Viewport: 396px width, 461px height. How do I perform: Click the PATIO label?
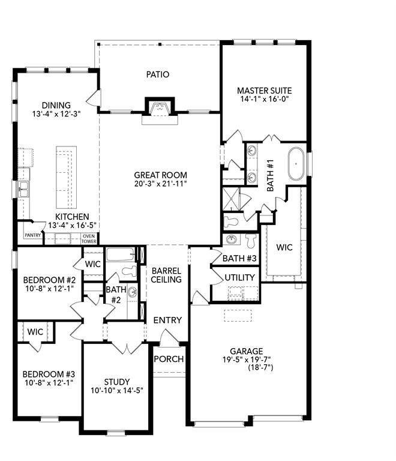pyautogui.click(x=158, y=74)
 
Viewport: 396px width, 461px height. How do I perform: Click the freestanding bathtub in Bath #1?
pyautogui.click(x=296, y=164)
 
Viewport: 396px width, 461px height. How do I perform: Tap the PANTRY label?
pyautogui.click(x=33, y=235)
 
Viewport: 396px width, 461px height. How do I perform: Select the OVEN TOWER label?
pyautogui.click(x=89, y=239)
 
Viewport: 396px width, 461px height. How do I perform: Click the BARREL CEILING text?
pyautogui.click(x=167, y=275)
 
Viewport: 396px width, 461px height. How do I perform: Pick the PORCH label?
pyautogui.click(x=169, y=359)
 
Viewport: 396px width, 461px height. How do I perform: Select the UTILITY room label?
pyautogui.click(x=240, y=277)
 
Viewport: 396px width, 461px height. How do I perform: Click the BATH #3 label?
pyautogui.click(x=239, y=259)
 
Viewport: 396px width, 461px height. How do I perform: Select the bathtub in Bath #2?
pyautogui.click(x=122, y=255)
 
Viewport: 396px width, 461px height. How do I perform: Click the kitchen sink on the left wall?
pyautogui.click(x=23, y=191)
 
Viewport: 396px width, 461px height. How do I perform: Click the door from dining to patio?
pyautogui.click(x=94, y=97)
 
